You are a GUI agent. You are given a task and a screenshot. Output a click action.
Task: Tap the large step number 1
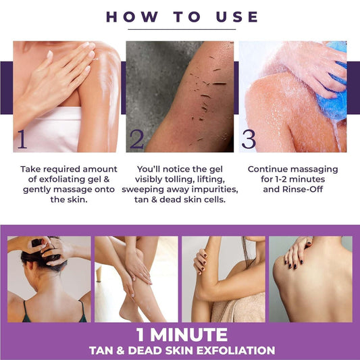coord(22,139)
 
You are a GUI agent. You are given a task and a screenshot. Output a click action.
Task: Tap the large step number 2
coord(137,139)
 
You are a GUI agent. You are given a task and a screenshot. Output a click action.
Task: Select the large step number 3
coord(249,139)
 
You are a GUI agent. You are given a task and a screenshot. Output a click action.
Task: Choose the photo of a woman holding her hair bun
coord(49,278)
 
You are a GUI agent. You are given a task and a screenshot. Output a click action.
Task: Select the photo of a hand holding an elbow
coord(223,278)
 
